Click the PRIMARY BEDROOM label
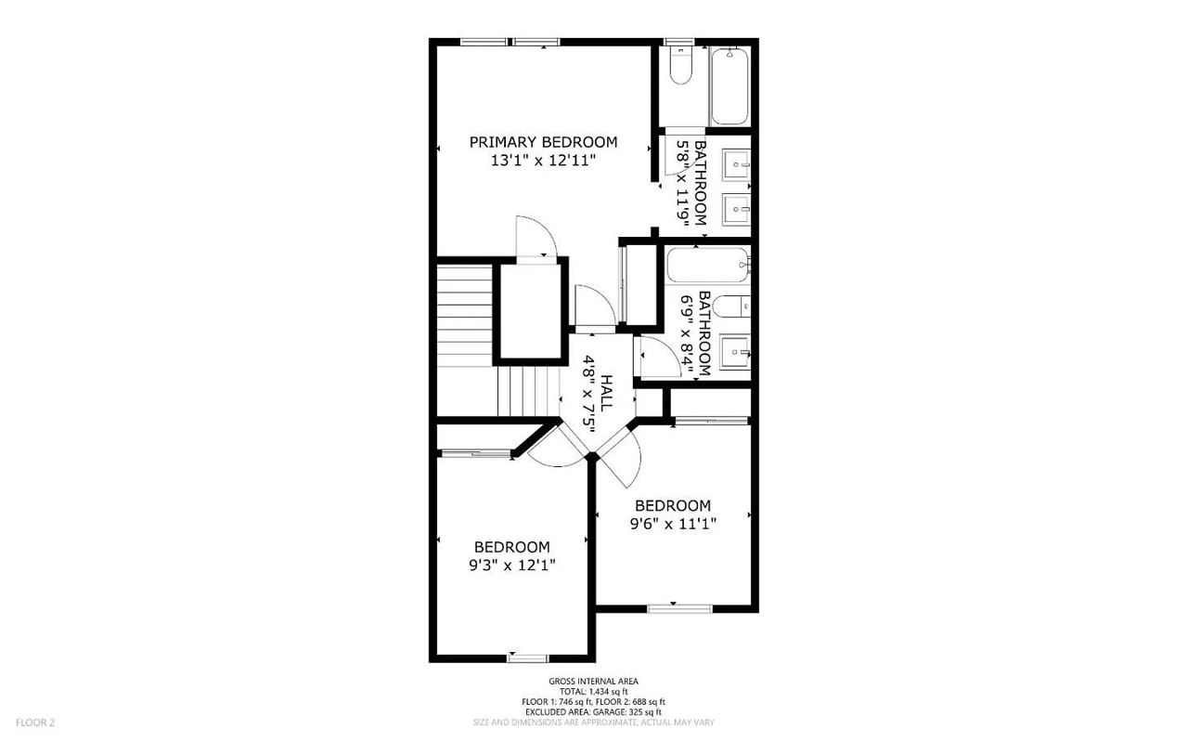pyautogui.click(x=543, y=142)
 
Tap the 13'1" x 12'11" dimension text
pyautogui.click(x=543, y=161)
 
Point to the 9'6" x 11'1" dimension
pyautogui.click(x=673, y=524)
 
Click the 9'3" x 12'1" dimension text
pyautogui.click(x=511, y=565)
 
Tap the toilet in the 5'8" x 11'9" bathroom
pyautogui.click(x=680, y=65)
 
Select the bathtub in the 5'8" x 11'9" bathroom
pyautogui.click(x=730, y=85)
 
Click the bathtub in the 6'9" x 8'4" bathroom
pyautogui.click(x=707, y=267)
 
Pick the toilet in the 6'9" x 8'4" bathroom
pyautogui.click(x=733, y=306)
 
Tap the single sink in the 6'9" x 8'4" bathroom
pyautogui.click(x=733, y=351)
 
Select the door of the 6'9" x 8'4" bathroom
pyautogui.click(x=652, y=357)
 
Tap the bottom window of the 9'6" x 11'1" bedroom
pyautogui.click(x=679, y=609)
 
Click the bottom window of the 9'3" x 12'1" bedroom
pyautogui.click(x=528, y=658)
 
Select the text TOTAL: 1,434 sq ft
pyautogui.click(x=593, y=692)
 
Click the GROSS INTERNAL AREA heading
pyautogui.click(x=593, y=682)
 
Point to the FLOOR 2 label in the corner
pyautogui.click(x=35, y=722)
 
